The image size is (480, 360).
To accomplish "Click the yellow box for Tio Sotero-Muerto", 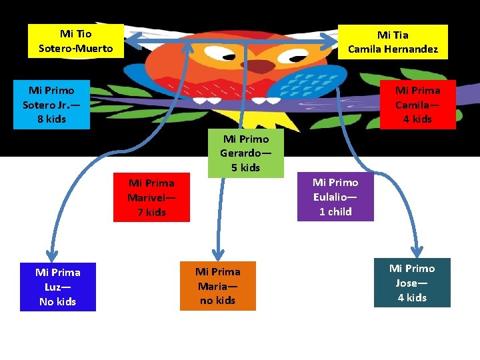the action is coord(76,41).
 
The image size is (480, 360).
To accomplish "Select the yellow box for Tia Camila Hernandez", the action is coord(393,42).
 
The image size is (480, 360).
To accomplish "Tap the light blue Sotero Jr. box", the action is coord(52,105).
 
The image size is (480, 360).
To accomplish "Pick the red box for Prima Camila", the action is coord(418,105).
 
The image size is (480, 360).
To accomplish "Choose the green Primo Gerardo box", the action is coord(246,153).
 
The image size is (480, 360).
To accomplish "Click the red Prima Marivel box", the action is coord(151,197).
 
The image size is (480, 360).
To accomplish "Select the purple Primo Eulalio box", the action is coord(335,197).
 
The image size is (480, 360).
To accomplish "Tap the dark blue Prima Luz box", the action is coord(58,287).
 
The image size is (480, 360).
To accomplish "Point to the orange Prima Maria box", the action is coord(218,286).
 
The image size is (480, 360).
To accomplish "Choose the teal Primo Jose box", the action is coord(413,283).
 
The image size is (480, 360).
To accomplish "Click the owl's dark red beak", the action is coord(259,66).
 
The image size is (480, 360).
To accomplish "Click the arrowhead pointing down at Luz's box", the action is coord(52,255).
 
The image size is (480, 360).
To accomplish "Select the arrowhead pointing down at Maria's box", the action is coord(218,255).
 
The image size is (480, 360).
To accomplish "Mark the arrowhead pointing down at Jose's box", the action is coord(417,251).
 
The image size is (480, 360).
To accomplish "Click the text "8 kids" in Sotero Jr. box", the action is coord(52,119).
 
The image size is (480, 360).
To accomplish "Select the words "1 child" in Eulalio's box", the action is coord(335,211).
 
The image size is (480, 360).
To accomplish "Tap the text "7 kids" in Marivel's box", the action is coord(151,212).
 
